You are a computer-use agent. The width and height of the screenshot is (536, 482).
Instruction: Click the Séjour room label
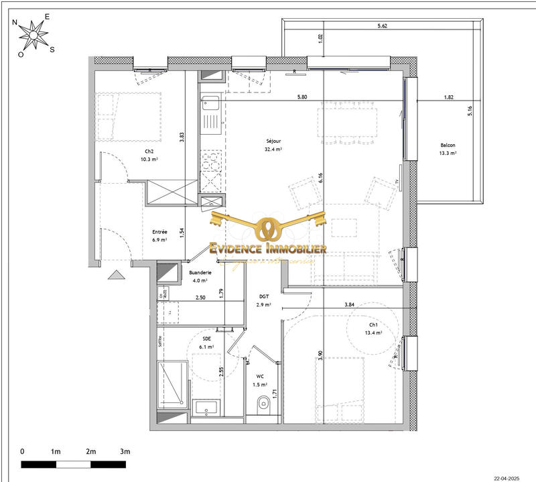pyautogui.click(x=273, y=141)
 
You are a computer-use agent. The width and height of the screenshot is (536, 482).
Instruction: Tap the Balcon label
pyautogui.click(x=448, y=145)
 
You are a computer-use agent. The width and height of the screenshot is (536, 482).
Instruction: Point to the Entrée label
pyautogui.click(x=160, y=231)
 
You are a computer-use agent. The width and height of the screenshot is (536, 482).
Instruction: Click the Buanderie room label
pyautogui.click(x=201, y=273)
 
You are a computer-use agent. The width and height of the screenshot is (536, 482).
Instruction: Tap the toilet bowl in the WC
pyautogui.click(x=263, y=402)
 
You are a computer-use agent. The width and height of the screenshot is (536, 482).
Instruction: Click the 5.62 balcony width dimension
pyautogui.click(x=383, y=26)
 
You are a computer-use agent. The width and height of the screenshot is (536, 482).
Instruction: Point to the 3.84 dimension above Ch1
pyautogui.click(x=349, y=304)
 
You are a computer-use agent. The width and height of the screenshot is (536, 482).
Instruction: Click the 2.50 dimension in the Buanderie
pyautogui.click(x=200, y=298)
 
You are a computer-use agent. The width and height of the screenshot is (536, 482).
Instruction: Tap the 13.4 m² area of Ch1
pyautogui.click(x=373, y=333)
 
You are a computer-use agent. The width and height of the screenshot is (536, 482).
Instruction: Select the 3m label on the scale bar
pyautogui.click(x=125, y=451)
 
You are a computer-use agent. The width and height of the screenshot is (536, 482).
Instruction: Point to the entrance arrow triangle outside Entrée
pyautogui.click(x=117, y=274)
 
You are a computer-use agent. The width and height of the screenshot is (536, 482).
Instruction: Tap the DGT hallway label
pyautogui.click(x=264, y=296)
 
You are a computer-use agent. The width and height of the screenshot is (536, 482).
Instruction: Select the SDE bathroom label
pyautogui.click(x=207, y=339)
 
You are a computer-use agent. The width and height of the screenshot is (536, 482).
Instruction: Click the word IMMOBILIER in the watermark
pyautogui.click(x=292, y=249)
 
